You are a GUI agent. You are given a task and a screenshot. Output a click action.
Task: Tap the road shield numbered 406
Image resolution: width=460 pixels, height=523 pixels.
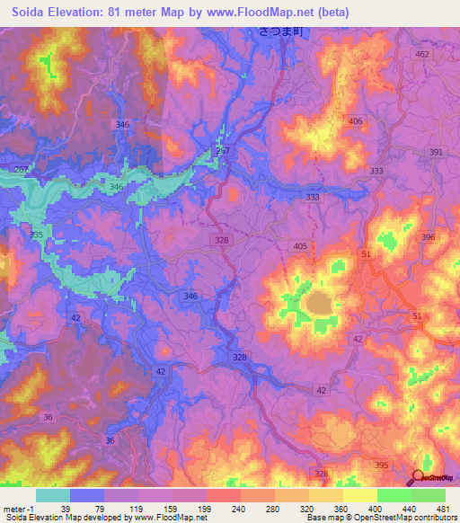point(356,121)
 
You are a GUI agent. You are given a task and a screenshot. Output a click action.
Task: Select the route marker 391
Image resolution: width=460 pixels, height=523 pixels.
point(437,153)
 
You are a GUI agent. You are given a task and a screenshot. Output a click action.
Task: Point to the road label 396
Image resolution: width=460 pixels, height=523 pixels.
point(428,237)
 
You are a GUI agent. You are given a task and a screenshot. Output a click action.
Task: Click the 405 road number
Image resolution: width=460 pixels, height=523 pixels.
point(300,244)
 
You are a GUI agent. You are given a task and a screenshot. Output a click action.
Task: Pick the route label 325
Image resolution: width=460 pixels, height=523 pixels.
point(36,235)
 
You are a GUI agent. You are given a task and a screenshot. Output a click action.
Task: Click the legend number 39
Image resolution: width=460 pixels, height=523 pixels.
point(87,508)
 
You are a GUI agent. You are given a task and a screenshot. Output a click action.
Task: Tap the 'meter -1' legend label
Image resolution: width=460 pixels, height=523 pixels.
point(20,508)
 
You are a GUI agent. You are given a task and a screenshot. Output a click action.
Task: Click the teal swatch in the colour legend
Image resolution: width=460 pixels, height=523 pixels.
point(53,495)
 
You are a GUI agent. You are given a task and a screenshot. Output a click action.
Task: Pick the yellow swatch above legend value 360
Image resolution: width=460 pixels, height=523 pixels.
point(325,495)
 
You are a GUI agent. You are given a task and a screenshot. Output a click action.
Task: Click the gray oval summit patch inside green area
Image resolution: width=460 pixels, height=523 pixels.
point(320,306)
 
